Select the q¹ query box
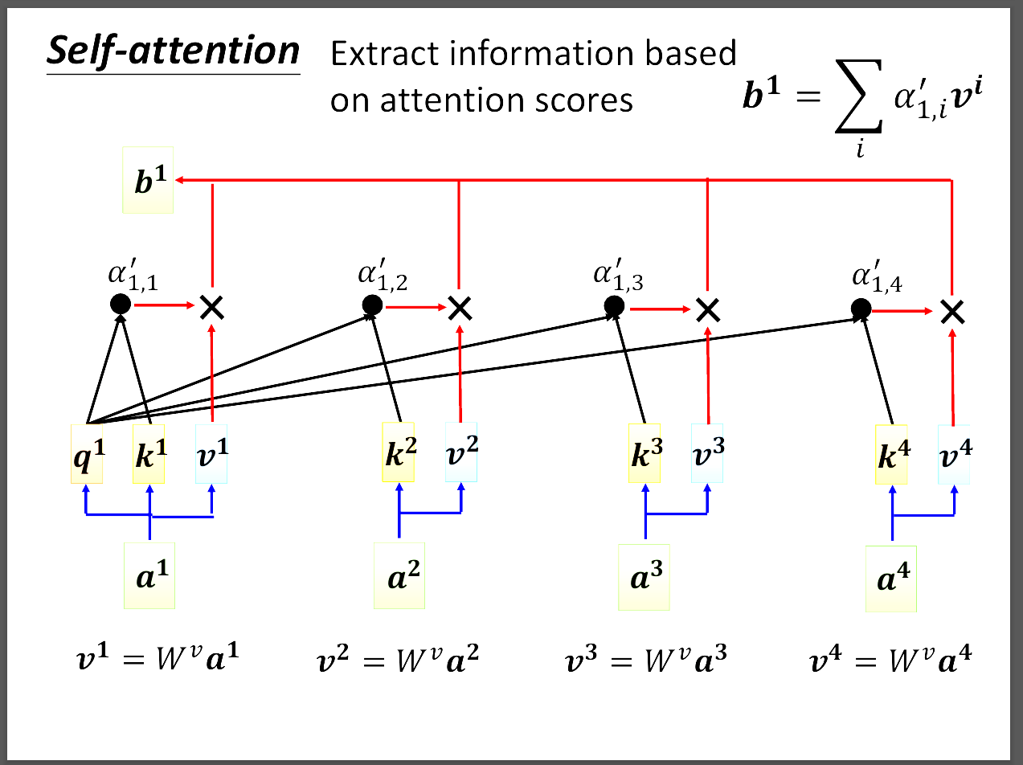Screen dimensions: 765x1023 [x=86, y=454]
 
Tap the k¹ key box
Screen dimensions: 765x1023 [x=149, y=454]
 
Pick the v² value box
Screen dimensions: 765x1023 [x=461, y=452]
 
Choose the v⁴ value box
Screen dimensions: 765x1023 [x=955, y=454]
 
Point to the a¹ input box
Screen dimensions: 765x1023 [x=149, y=575]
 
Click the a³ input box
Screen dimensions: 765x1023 [x=644, y=578]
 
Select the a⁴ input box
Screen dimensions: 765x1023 [x=890, y=579]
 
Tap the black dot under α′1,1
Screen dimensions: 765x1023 [x=120, y=304]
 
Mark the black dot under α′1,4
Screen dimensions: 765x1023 [x=861, y=309]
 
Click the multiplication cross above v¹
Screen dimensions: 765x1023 [x=211, y=305]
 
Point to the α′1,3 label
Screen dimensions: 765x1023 [x=618, y=277]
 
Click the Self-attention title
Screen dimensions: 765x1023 [x=173, y=51]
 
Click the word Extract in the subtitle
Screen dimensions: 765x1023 [x=377, y=54]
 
